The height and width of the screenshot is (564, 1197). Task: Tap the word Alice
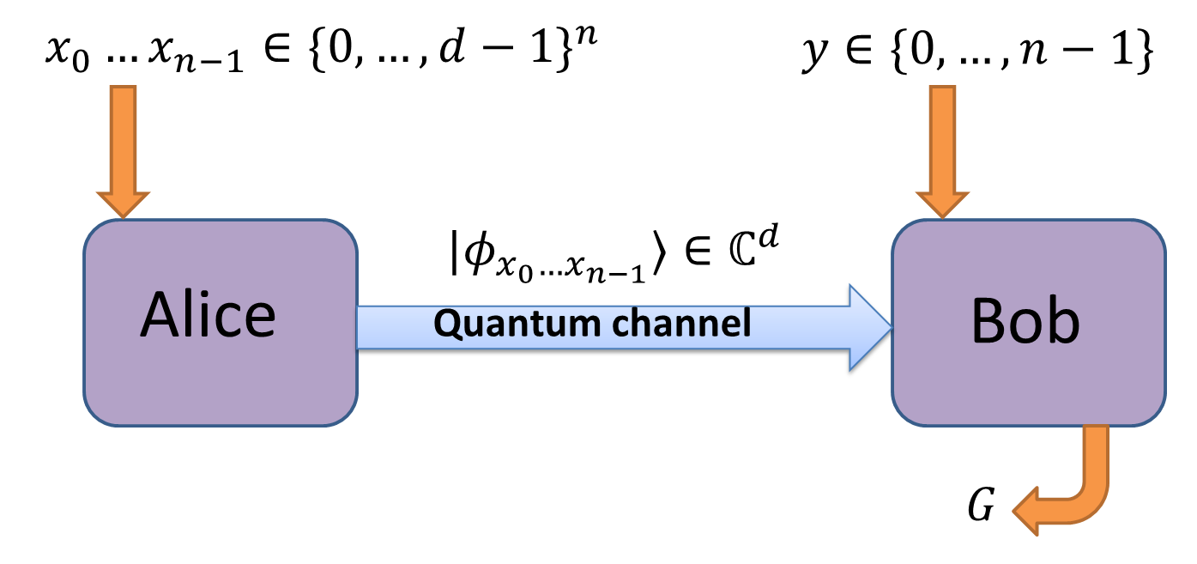[x=209, y=315]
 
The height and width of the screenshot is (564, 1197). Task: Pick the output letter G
[x=981, y=508]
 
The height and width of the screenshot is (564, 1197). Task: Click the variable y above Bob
[x=811, y=56]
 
